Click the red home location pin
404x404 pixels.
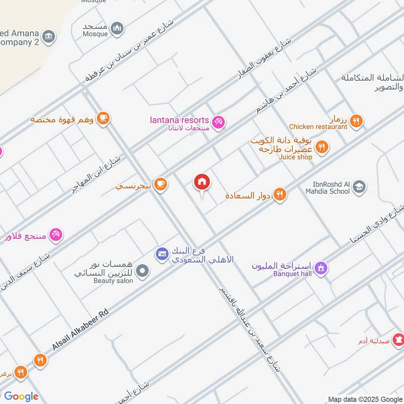click(x=202, y=182)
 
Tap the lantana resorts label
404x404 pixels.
click(x=179, y=120)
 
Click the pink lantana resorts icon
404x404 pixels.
click(x=219, y=121)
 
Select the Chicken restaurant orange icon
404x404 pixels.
click(x=357, y=121)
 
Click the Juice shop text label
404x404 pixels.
click(x=295, y=157)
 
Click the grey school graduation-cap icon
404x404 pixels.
click(x=359, y=187)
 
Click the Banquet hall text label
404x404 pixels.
click(x=292, y=274)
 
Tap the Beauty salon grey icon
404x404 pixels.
click(x=143, y=271)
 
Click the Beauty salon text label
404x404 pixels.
click(x=113, y=280)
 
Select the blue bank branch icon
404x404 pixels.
click(x=162, y=253)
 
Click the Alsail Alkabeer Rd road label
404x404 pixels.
click(x=81, y=330)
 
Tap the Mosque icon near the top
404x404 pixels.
click(x=117, y=28)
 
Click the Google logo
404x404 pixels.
click(x=21, y=396)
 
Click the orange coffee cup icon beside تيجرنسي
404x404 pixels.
click(x=161, y=185)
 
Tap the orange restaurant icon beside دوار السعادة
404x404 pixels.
click(x=280, y=194)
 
